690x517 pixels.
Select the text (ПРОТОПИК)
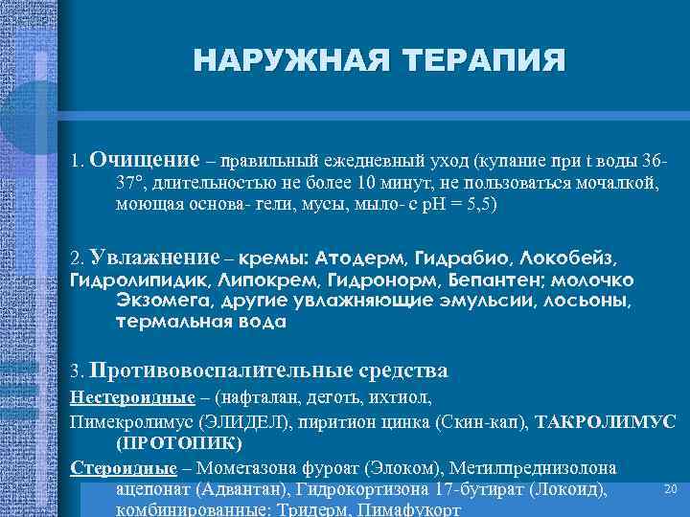178,444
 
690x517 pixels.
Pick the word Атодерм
363,258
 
